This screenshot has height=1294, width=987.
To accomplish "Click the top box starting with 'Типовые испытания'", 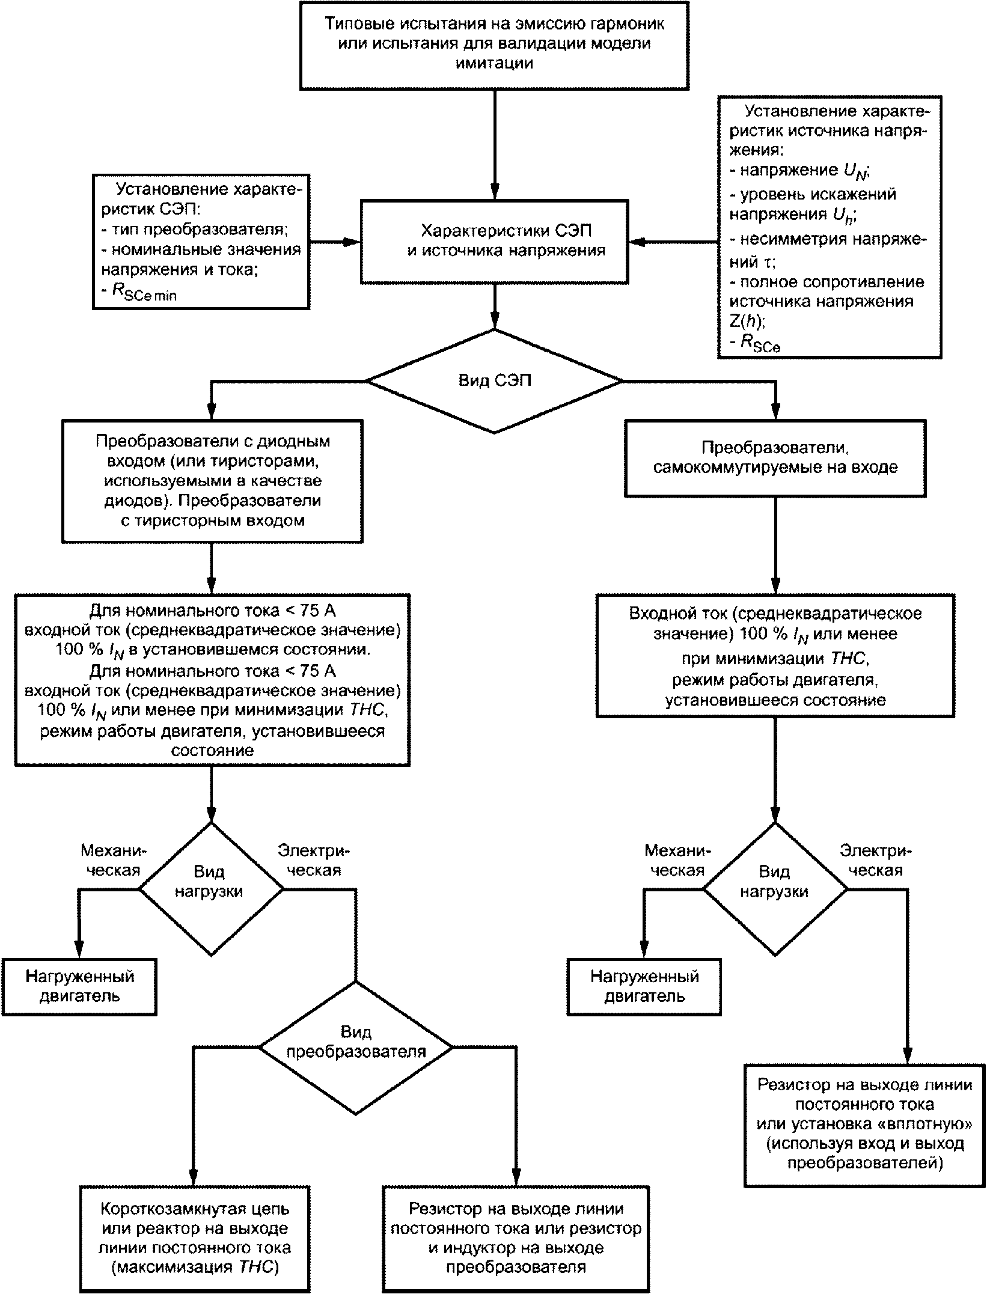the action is click(494, 45).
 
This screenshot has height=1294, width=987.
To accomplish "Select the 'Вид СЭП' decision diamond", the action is click(494, 381).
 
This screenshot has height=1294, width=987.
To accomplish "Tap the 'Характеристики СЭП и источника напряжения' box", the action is click(494, 242).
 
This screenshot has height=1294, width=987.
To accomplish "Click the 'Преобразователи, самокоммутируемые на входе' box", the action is click(775, 458).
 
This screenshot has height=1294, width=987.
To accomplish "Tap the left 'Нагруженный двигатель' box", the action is click(79, 987).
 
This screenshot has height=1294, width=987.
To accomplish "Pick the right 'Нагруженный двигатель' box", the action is click(644, 987).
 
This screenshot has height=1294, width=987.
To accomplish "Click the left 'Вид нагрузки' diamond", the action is click(210, 890).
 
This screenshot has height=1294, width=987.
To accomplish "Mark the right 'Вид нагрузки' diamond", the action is click(775, 890).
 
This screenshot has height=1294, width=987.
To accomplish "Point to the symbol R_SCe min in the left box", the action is click(144, 291).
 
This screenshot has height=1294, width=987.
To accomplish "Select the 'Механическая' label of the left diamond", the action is click(113, 860).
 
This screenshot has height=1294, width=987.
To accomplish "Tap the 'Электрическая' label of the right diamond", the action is click(875, 860).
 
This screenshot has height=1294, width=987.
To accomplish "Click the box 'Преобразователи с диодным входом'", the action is click(212, 481).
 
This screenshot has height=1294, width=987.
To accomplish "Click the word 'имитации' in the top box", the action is click(494, 64).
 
